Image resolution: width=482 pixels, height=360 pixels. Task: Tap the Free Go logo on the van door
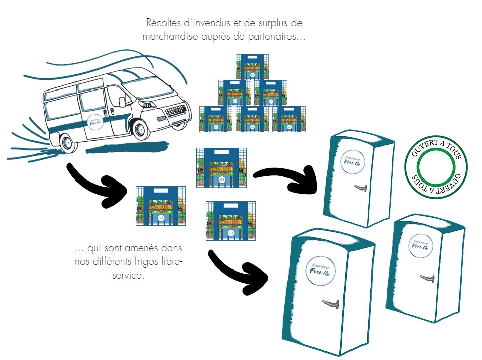click(x=93, y=121)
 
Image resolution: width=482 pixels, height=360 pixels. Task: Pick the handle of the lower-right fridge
click(x=427, y=277)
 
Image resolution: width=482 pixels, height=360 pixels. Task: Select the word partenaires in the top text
click(x=275, y=36)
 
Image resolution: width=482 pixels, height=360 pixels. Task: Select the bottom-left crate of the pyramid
click(x=216, y=119)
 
